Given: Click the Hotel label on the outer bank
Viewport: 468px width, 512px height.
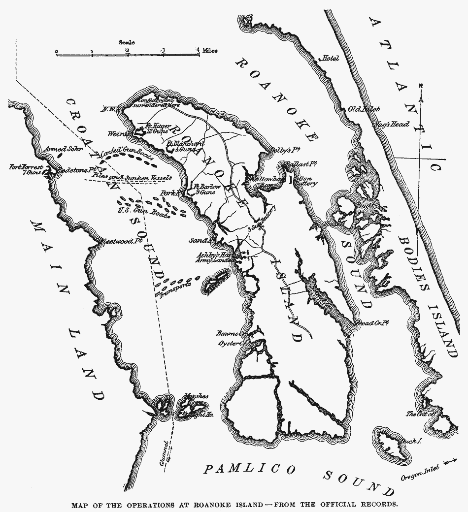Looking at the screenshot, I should pos(331,59).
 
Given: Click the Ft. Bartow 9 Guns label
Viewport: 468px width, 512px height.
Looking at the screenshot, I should pos(203,190).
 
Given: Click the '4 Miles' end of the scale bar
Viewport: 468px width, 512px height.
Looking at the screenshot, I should pos(206,51).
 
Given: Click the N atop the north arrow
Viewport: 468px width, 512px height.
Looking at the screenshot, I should pos(421,86).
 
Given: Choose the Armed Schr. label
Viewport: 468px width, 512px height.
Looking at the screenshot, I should pos(58,148).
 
